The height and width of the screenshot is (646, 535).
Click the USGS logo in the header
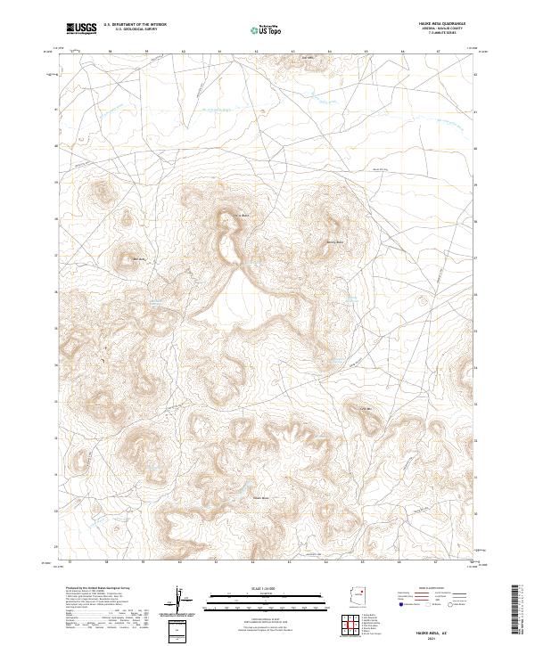coord(82,29)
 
